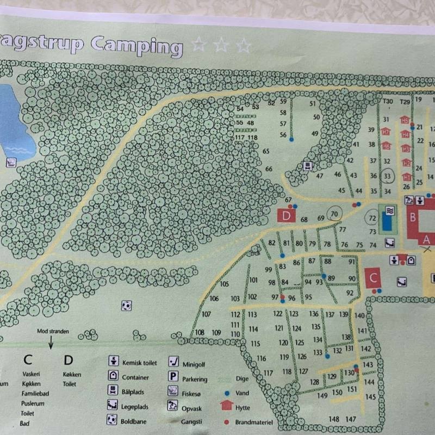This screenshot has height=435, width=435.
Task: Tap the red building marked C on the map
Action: (x=372, y=278)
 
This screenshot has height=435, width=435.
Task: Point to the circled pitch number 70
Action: (x=334, y=214)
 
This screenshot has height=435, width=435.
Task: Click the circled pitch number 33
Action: (x=387, y=176)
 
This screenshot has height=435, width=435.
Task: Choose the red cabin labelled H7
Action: (x=386, y=132)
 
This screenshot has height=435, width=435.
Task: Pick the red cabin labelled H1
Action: (x=406, y=177)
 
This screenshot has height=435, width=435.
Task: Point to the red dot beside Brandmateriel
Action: (x=225, y=421)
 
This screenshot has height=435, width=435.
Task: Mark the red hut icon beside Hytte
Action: (x=226, y=406)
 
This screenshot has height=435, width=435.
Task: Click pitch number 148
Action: (x=334, y=419)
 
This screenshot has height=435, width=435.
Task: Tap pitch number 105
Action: (x=225, y=284)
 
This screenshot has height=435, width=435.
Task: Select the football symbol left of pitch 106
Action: (x=127, y=306)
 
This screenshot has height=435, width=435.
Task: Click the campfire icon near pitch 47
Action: (x=308, y=165)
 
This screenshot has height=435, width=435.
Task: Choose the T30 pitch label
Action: (x=387, y=102)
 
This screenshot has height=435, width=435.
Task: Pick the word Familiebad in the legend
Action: (x=35, y=394)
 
